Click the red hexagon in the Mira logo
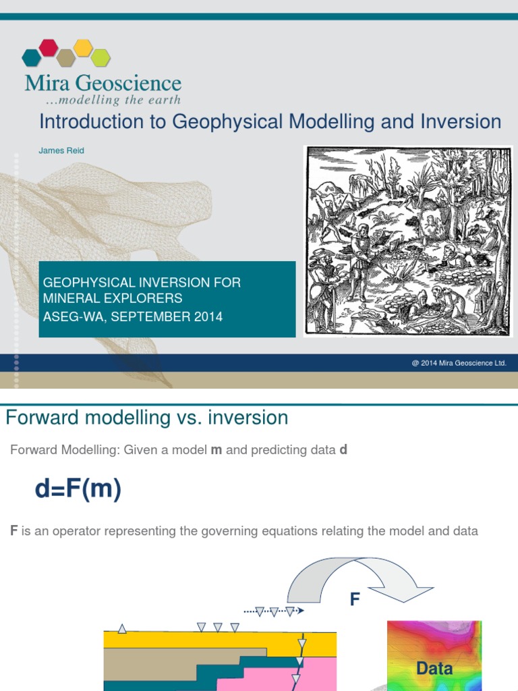click(x=49, y=47)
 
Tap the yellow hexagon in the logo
click(x=83, y=47)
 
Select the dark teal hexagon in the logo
click(x=31, y=57)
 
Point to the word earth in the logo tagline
click(x=166, y=100)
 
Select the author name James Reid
click(x=61, y=150)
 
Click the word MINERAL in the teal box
click(x=71, y=298)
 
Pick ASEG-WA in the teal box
click(x=70, y=316)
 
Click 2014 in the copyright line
click(x=429, y=363)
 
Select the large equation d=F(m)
click(x=78, y=489)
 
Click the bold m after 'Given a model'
click(x=217, y=450)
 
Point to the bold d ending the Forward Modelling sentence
click(x=343, y=450)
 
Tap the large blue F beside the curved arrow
click(x=355, y=599)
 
